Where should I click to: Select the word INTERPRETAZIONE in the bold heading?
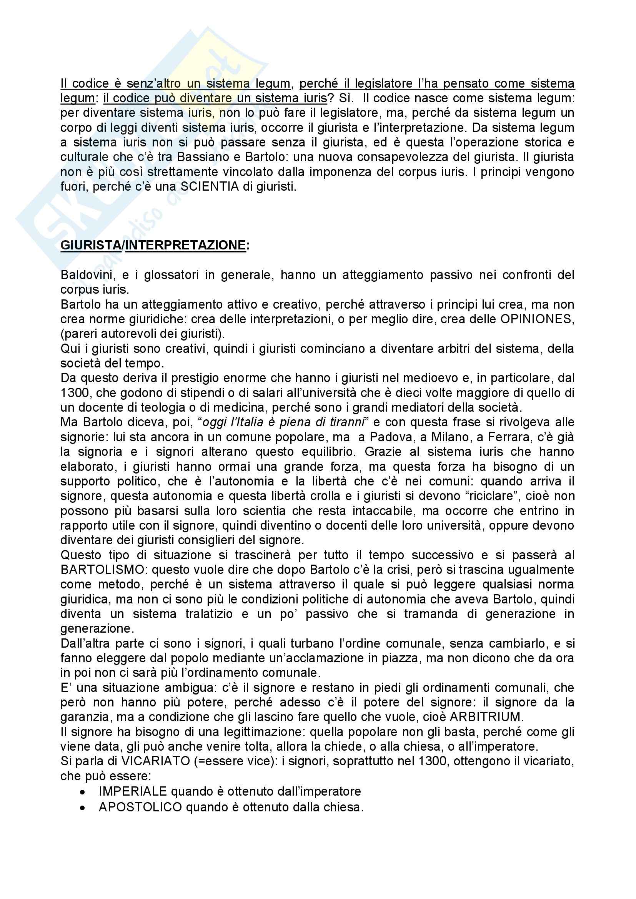[186, 245]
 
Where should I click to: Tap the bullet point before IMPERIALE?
[83, 791]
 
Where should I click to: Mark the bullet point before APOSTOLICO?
[83, 808]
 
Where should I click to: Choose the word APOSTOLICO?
[140, 807]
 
